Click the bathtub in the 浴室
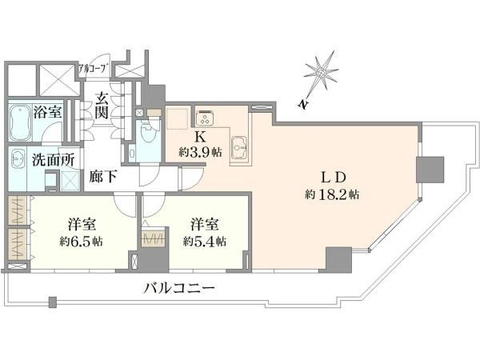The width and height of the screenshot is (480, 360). (20, 122)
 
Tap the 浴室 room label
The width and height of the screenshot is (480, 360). (47, 112)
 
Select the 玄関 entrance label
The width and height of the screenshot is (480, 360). (101, 106)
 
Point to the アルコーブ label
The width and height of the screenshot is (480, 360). (94, 68)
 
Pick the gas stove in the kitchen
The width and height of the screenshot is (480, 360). (205, 118)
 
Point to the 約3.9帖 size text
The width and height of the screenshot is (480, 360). (200, 152)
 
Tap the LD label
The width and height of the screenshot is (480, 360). (334, 178)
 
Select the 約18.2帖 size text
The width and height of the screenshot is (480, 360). (332, 194)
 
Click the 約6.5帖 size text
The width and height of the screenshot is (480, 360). (82, 242)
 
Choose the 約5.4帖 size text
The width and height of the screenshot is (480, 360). (205, 242)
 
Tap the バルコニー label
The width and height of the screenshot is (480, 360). (179, 288)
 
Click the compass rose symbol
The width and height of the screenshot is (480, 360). (322, 73)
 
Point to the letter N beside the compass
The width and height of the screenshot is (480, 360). (302, 104)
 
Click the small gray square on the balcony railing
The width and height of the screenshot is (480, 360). (53, 302)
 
